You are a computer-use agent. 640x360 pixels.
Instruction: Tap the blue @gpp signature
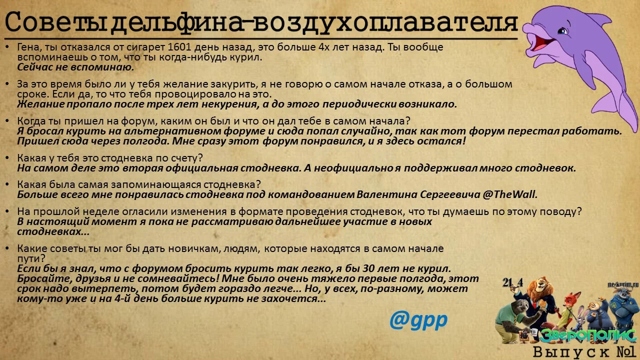pyautogui.click(x=418, y=320)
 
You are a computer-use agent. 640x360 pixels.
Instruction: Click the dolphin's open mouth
pyautogui.click(x=539, y=40)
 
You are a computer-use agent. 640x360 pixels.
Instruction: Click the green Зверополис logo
pyautogui.click(x=587, y=335)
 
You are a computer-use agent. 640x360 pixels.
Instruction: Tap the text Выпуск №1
pyautogui.click(x=584, y=351)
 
